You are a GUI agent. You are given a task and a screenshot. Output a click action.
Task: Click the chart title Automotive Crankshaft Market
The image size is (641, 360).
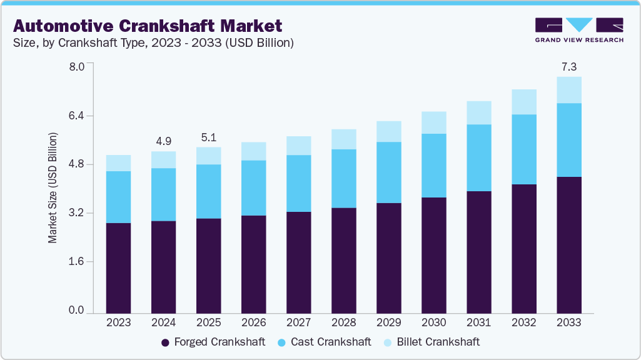[148, 26]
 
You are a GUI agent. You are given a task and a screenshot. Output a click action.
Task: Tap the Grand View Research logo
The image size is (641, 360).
[578, 30]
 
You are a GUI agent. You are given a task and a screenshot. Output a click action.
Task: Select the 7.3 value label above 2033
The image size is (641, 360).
[568, 66]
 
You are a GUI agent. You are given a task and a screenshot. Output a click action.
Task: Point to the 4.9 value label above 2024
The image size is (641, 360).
[163, 140]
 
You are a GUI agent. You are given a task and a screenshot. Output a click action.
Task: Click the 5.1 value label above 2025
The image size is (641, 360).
[208, 136]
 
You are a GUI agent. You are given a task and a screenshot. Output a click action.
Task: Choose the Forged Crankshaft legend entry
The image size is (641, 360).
[213, 342]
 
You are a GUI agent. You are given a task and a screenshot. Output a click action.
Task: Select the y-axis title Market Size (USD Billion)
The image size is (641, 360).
[53, 188]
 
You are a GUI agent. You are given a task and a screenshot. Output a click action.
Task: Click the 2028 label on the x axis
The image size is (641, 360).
[343, 322]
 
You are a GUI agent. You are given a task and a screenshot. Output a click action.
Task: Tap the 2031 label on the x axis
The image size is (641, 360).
[478, 322]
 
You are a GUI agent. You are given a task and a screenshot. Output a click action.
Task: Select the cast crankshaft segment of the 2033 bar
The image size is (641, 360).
[568, 140]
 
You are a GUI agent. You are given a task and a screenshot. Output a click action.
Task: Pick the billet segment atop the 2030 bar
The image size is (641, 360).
[433, 122]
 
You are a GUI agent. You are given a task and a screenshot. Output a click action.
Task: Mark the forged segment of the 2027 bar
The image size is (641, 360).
[298, 262]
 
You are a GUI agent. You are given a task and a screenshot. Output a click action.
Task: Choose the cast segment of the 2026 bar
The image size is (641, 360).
[253, 187]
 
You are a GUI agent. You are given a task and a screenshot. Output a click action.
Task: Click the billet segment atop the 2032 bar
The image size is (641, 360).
[523, 102]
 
